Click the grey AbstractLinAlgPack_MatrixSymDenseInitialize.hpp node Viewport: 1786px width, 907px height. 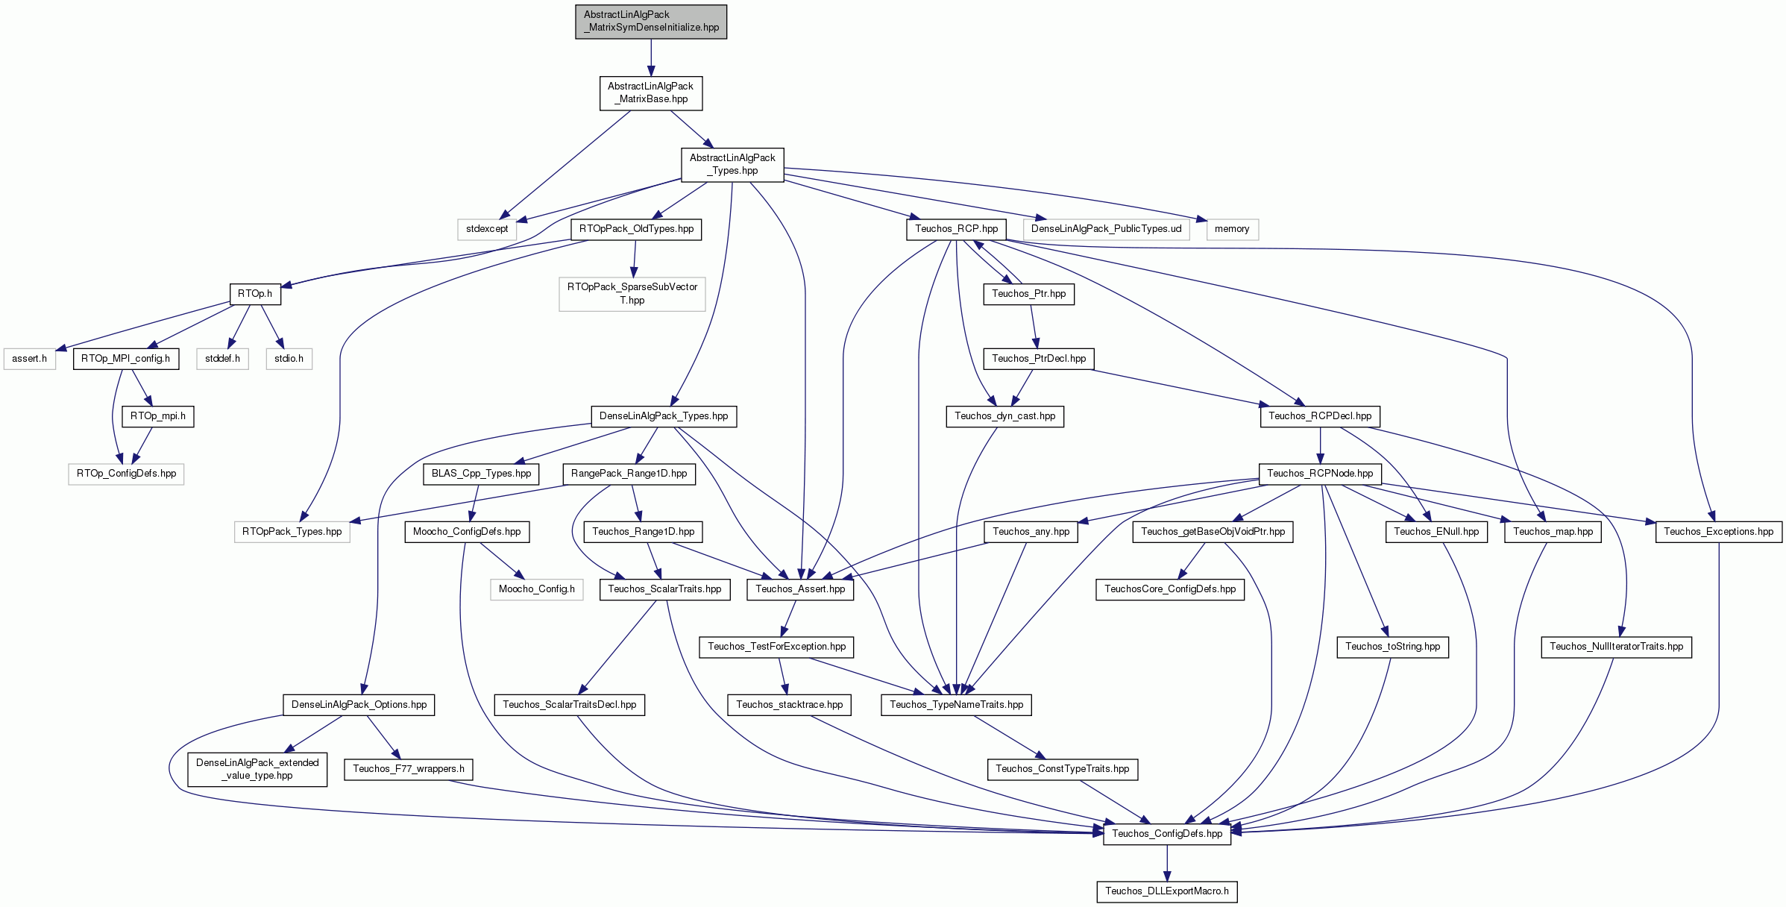651,22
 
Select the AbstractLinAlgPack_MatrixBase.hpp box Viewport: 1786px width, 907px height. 651,93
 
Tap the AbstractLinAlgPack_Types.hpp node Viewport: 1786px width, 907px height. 732,165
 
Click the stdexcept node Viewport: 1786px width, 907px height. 487,230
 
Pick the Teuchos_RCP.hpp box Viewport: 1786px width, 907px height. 957,230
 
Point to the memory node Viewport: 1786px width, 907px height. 1232,230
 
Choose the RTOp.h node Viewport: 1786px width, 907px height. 255,295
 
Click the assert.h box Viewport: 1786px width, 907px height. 30,359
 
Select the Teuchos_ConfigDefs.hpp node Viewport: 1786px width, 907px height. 1167,834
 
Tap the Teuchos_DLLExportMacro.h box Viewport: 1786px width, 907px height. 1167,891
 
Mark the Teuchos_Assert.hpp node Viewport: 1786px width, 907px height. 800,589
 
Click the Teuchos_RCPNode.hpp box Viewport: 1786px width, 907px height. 1320,474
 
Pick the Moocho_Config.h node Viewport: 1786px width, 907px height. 537,589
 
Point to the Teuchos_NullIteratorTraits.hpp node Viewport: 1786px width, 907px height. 1617,647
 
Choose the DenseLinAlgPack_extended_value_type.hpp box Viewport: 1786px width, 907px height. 257,769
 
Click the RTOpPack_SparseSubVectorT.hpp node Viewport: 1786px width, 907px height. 632,294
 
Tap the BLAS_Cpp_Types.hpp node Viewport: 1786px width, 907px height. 482,474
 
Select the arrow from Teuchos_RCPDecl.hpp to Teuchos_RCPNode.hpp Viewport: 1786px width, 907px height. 1320,445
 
